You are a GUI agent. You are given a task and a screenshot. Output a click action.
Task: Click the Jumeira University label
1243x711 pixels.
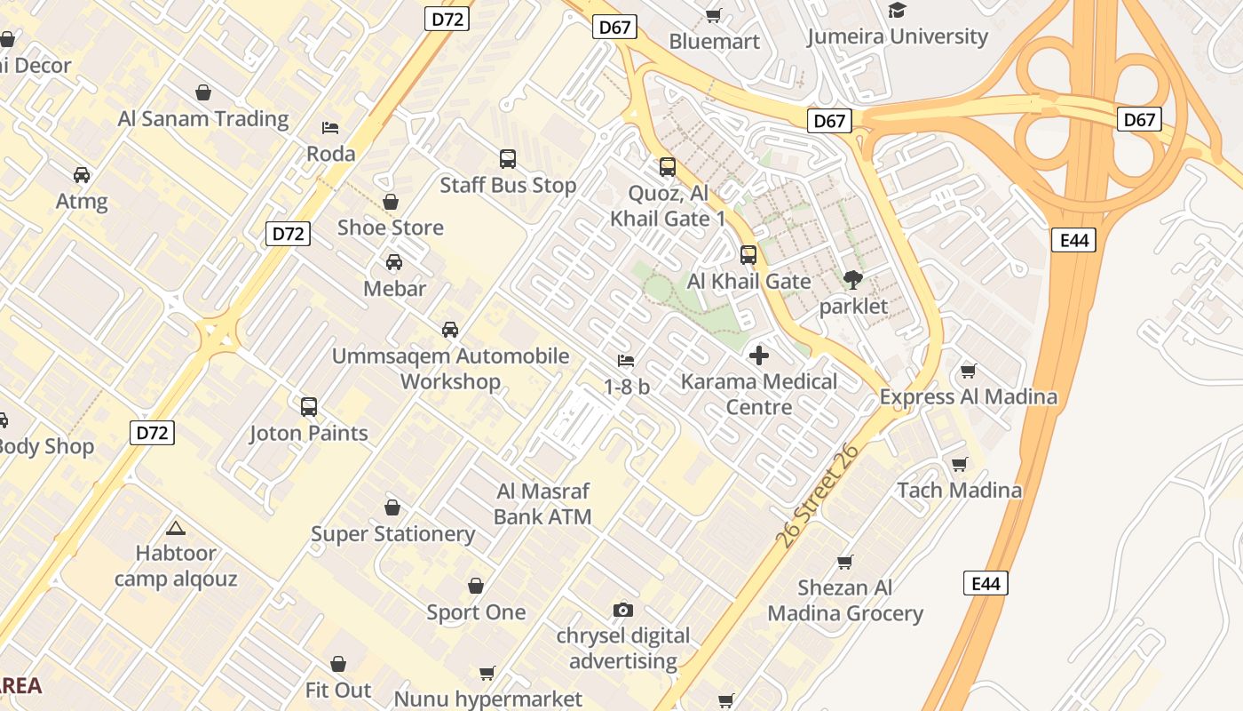(897, 36)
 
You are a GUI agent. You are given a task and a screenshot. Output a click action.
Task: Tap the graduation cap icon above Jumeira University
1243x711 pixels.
(897, 11)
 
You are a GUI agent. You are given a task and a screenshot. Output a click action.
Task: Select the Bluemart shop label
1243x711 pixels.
(714, 41)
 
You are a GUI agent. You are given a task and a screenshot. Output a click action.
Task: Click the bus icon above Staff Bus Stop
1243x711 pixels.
(508, 159)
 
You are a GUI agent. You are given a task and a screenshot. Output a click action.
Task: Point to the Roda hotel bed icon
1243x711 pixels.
(330, 128)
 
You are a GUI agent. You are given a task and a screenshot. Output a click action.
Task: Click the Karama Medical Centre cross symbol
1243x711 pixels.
(759, 355)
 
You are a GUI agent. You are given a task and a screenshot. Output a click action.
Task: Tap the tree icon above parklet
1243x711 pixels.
(853, 280)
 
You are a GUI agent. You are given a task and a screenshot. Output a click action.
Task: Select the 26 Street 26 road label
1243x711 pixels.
(817, 496)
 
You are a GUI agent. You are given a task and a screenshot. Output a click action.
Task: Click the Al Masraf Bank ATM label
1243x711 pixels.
(542, 503)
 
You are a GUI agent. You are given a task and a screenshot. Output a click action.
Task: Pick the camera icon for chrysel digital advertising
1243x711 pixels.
(623, 610)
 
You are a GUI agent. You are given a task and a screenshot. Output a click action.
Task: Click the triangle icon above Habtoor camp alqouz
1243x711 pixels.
(176, 528)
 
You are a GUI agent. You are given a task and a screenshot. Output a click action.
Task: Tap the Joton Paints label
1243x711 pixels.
(308, 434)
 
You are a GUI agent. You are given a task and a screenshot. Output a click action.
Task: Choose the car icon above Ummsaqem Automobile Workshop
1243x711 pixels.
(450, 330)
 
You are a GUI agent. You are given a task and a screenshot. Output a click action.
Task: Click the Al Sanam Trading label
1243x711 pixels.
(203, 118)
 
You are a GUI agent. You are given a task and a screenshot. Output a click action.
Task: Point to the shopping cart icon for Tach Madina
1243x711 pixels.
(959, 464)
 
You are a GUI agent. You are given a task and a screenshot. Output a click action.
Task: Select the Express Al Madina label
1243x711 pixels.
(968, 396)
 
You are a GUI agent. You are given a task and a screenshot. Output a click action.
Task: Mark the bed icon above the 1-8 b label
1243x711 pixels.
(626, 361)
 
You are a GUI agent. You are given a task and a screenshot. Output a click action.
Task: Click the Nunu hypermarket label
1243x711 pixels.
(487, 699)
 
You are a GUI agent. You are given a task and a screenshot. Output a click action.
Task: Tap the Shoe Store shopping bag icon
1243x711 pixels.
(390, 203)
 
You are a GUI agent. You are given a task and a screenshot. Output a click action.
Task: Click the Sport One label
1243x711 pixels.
(476, 612)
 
